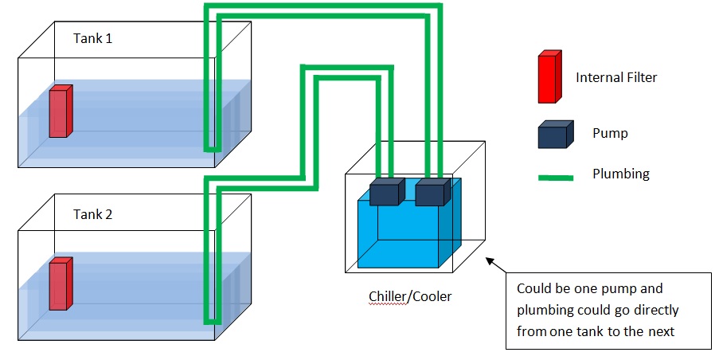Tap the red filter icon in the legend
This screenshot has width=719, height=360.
click(x=548, y=77)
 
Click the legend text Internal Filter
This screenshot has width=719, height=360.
click(x=616, y=78)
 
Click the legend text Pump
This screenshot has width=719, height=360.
click(x=611, y=133)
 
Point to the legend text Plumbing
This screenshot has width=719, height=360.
click(x=621, y=174)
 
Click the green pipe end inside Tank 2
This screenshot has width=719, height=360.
click(x=211, y=320)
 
